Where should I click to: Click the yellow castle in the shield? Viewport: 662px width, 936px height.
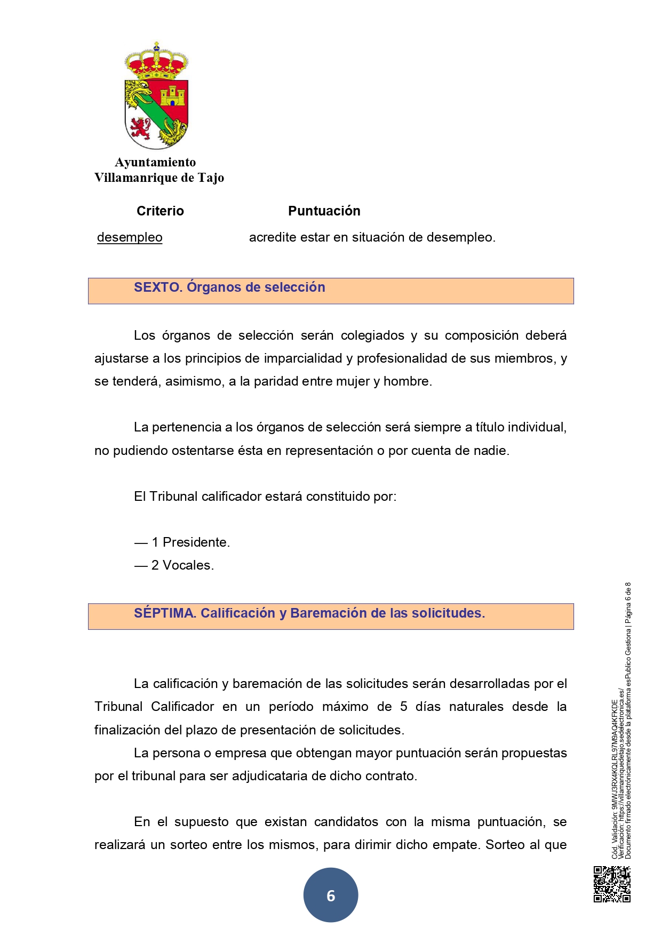pos(172,95)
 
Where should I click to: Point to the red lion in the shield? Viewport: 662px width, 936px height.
pos(140,127)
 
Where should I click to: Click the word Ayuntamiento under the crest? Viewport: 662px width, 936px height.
pos(155,162)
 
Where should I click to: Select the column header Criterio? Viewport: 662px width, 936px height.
pos(160,211)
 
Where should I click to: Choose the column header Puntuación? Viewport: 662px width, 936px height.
pos(324,211)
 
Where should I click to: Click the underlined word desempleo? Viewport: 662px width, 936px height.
pos(130,237)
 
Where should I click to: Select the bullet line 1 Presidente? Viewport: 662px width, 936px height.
pos(182,542)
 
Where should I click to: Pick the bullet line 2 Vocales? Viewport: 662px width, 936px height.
pos(174,565)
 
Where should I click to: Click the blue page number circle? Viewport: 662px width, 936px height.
pos(331,895)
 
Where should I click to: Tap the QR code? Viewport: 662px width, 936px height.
pos(612,884)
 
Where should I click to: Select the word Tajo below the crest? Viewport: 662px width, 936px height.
pos(211,178)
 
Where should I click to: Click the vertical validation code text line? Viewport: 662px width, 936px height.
pos(615,779)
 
